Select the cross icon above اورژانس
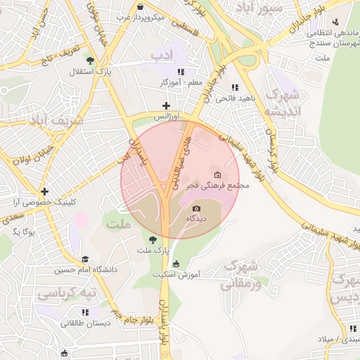click(x=167, y=105)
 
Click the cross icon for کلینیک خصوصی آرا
click(x=44, y=191)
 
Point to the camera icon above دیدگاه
click(x=196, y=208)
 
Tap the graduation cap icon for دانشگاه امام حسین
click(x=85, y=259)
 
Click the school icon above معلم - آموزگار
click(x=181, y=72)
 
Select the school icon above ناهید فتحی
click(x=235, y=87)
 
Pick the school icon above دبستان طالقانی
click(x=85, y=312)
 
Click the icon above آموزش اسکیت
click(x=175, y=264)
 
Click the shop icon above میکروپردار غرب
click(x=140, y=6)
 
